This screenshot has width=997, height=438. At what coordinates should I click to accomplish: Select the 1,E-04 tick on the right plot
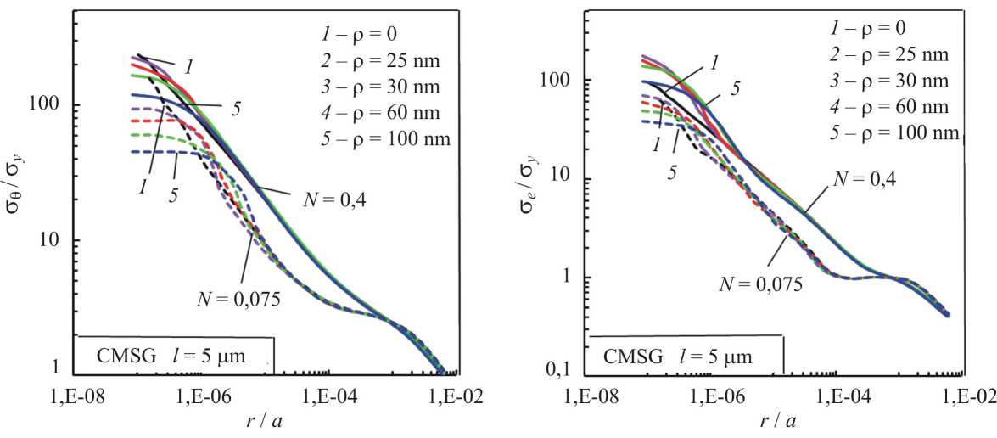click(x=837, y=396)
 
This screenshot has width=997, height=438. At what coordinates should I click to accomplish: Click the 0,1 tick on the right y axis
click(x=558, y=371)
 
